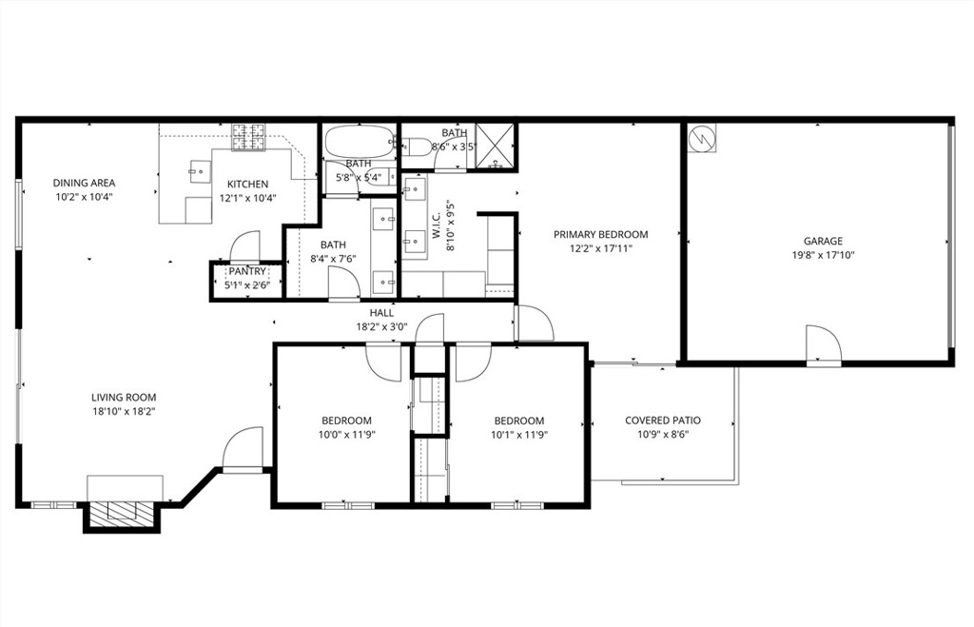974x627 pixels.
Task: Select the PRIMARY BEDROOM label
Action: click(600, 234)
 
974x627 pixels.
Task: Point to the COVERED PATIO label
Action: click(662, 421)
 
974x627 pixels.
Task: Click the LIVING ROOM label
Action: click(124, 398)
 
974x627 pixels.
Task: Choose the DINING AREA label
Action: click(84, 183)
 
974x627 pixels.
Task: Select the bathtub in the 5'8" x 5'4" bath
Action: click(359, 144)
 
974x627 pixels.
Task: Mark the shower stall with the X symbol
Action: click(495, 146)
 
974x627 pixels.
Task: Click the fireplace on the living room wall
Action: click(120, 512)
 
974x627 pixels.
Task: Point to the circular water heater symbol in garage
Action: click(702, 139)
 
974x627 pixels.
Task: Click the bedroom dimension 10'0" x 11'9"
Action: click(346, 435)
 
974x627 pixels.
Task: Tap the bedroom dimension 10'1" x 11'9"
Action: click(518, 435)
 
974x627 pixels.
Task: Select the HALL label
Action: click(381, 312)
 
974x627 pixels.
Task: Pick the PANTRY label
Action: click(246, 272)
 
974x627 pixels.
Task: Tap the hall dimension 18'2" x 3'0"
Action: click(381, 325)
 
